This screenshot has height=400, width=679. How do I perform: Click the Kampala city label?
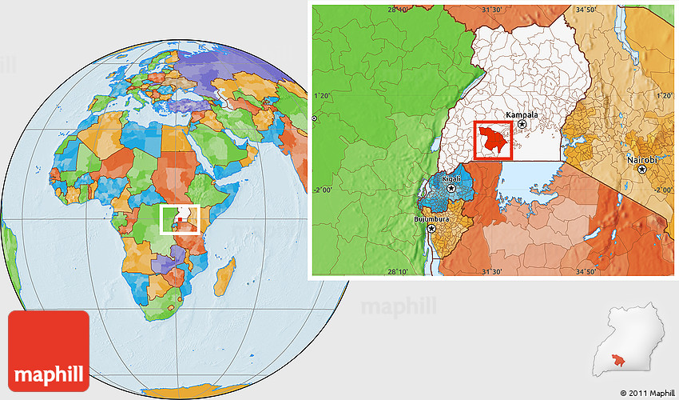click(x=522, y=114)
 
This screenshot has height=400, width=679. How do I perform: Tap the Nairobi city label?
click(x=642, y=160)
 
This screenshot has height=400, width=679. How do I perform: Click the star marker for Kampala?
click(x=522, y=125)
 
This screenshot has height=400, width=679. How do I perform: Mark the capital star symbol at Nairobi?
click(x=641, y=170)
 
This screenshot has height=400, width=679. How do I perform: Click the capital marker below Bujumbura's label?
click(x=432, y=228)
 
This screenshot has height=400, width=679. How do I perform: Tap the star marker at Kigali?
click(x=451, y=189)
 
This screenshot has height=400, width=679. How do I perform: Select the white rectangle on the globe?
click(x=180, y=218)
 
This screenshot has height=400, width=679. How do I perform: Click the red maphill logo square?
click(x=49, y=350)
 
